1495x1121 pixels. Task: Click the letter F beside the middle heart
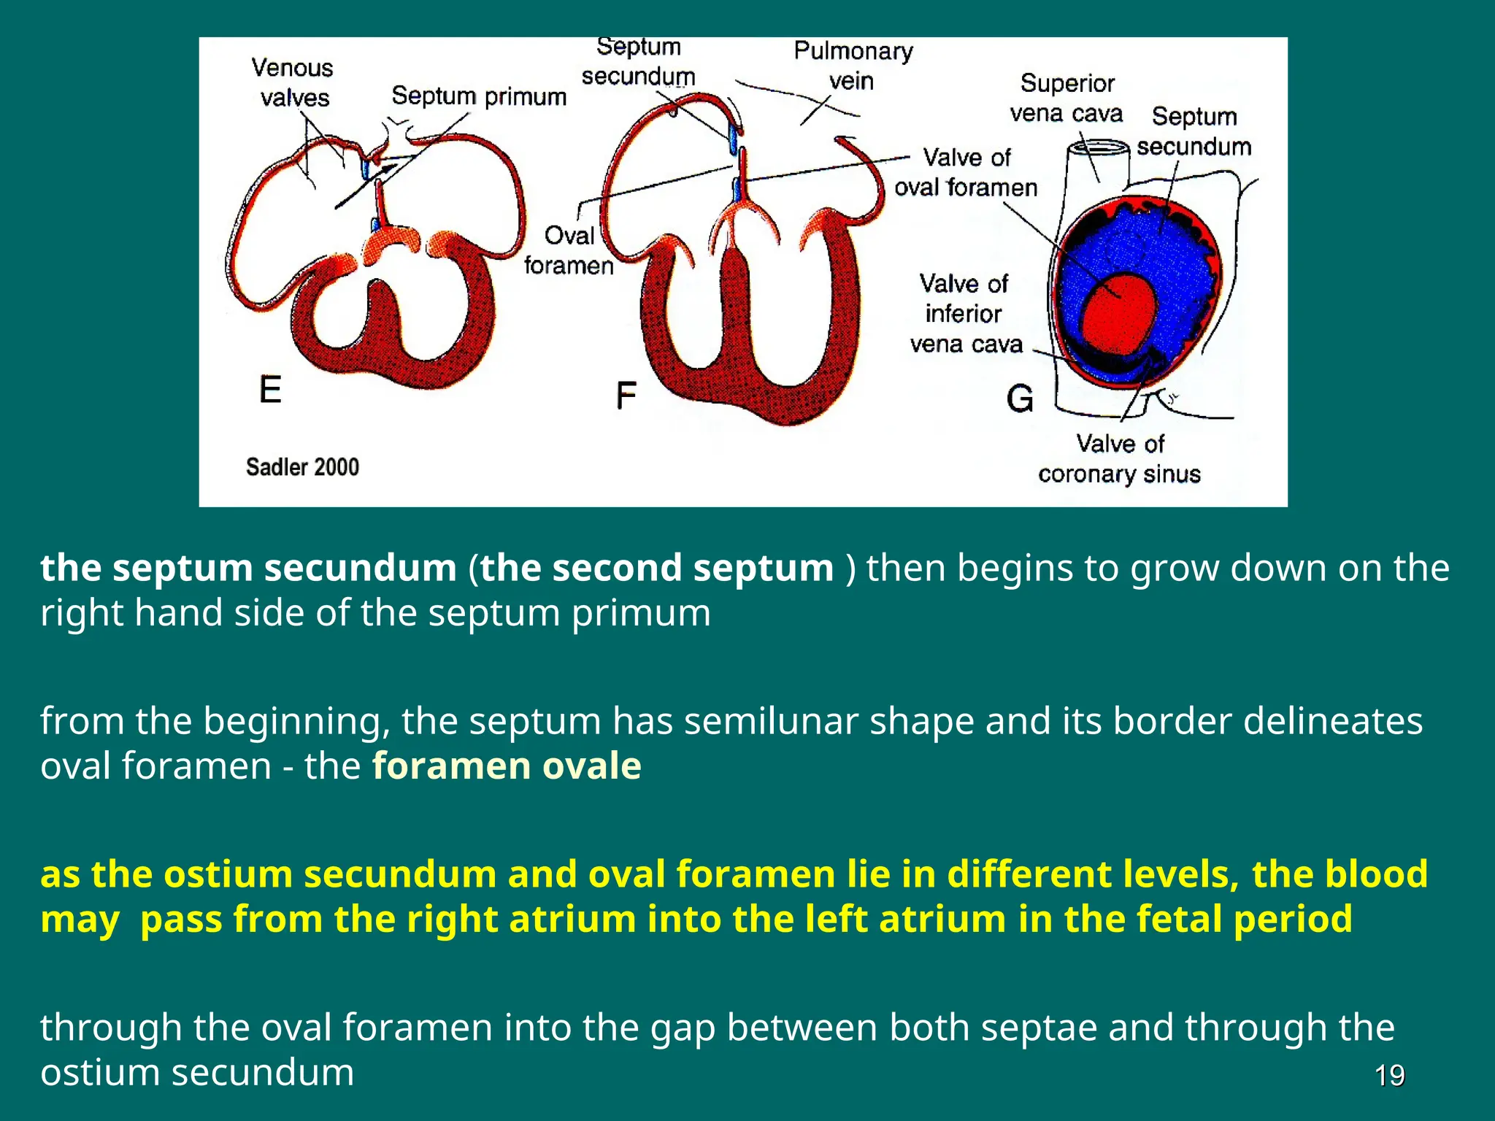pyautogui.click(x=626, y=396)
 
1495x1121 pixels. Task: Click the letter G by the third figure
pyautogui.click(x=1020, y=398)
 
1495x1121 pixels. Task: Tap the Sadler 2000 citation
pyautogui.click(x=302, y=467)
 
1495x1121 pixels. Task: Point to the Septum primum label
pyautogui.click(x=479, y=96)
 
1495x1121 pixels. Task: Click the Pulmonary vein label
pyautogui.click(x=853, y=66)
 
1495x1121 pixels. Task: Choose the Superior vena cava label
pyautogui.click(x=1067, y=99)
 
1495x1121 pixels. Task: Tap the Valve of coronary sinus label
pyautogui.click(x=1119, y=459)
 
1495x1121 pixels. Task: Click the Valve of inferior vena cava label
pyautogui.click(x=965, y=314)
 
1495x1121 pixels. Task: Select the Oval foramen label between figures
pyautogui.click(x=569, y=250)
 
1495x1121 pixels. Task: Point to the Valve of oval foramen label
pyautogui.click(x=966, y=172)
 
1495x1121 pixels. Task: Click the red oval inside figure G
pyautogui.click(x=1119, y=314)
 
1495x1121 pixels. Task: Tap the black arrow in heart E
pyautogui.click(x=365, y=186)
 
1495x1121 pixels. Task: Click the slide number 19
pyautogui.click(x=1389, y=1076)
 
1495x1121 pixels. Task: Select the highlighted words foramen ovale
pyautogui.click(x=507, y=766)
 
